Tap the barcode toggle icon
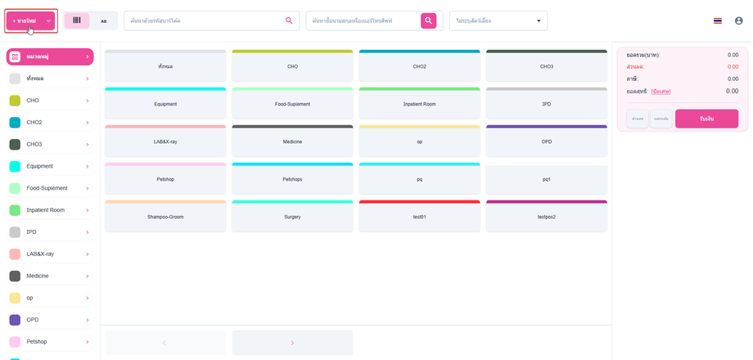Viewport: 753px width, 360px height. [x=77, y=20]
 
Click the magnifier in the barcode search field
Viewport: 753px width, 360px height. [x=289, y=20]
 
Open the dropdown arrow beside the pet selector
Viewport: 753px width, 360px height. [x=539, y=20]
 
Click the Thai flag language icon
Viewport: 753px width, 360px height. [x=718, y=20]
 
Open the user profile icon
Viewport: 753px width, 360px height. [x=738, y=20]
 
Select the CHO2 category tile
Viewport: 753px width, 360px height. [x=419, y=66]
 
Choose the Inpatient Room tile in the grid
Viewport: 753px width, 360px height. [x=419, y=104]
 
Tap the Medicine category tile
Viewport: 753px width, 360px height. [x=292, y=142]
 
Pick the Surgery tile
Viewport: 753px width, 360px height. [x=292, y=217]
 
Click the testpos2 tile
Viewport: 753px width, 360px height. [x=546, y=217]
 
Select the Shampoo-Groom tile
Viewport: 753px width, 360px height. [x=165, y=217]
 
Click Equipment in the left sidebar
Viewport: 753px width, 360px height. [x=49, y=166]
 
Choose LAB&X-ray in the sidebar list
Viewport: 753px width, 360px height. [x=49, y=254]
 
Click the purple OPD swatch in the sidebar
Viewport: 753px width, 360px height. [x=15, y=320]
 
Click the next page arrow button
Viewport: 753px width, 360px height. [x=292, y=343]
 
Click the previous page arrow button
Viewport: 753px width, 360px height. [x=165, y=343]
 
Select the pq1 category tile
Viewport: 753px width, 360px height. [x=546, y=179]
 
